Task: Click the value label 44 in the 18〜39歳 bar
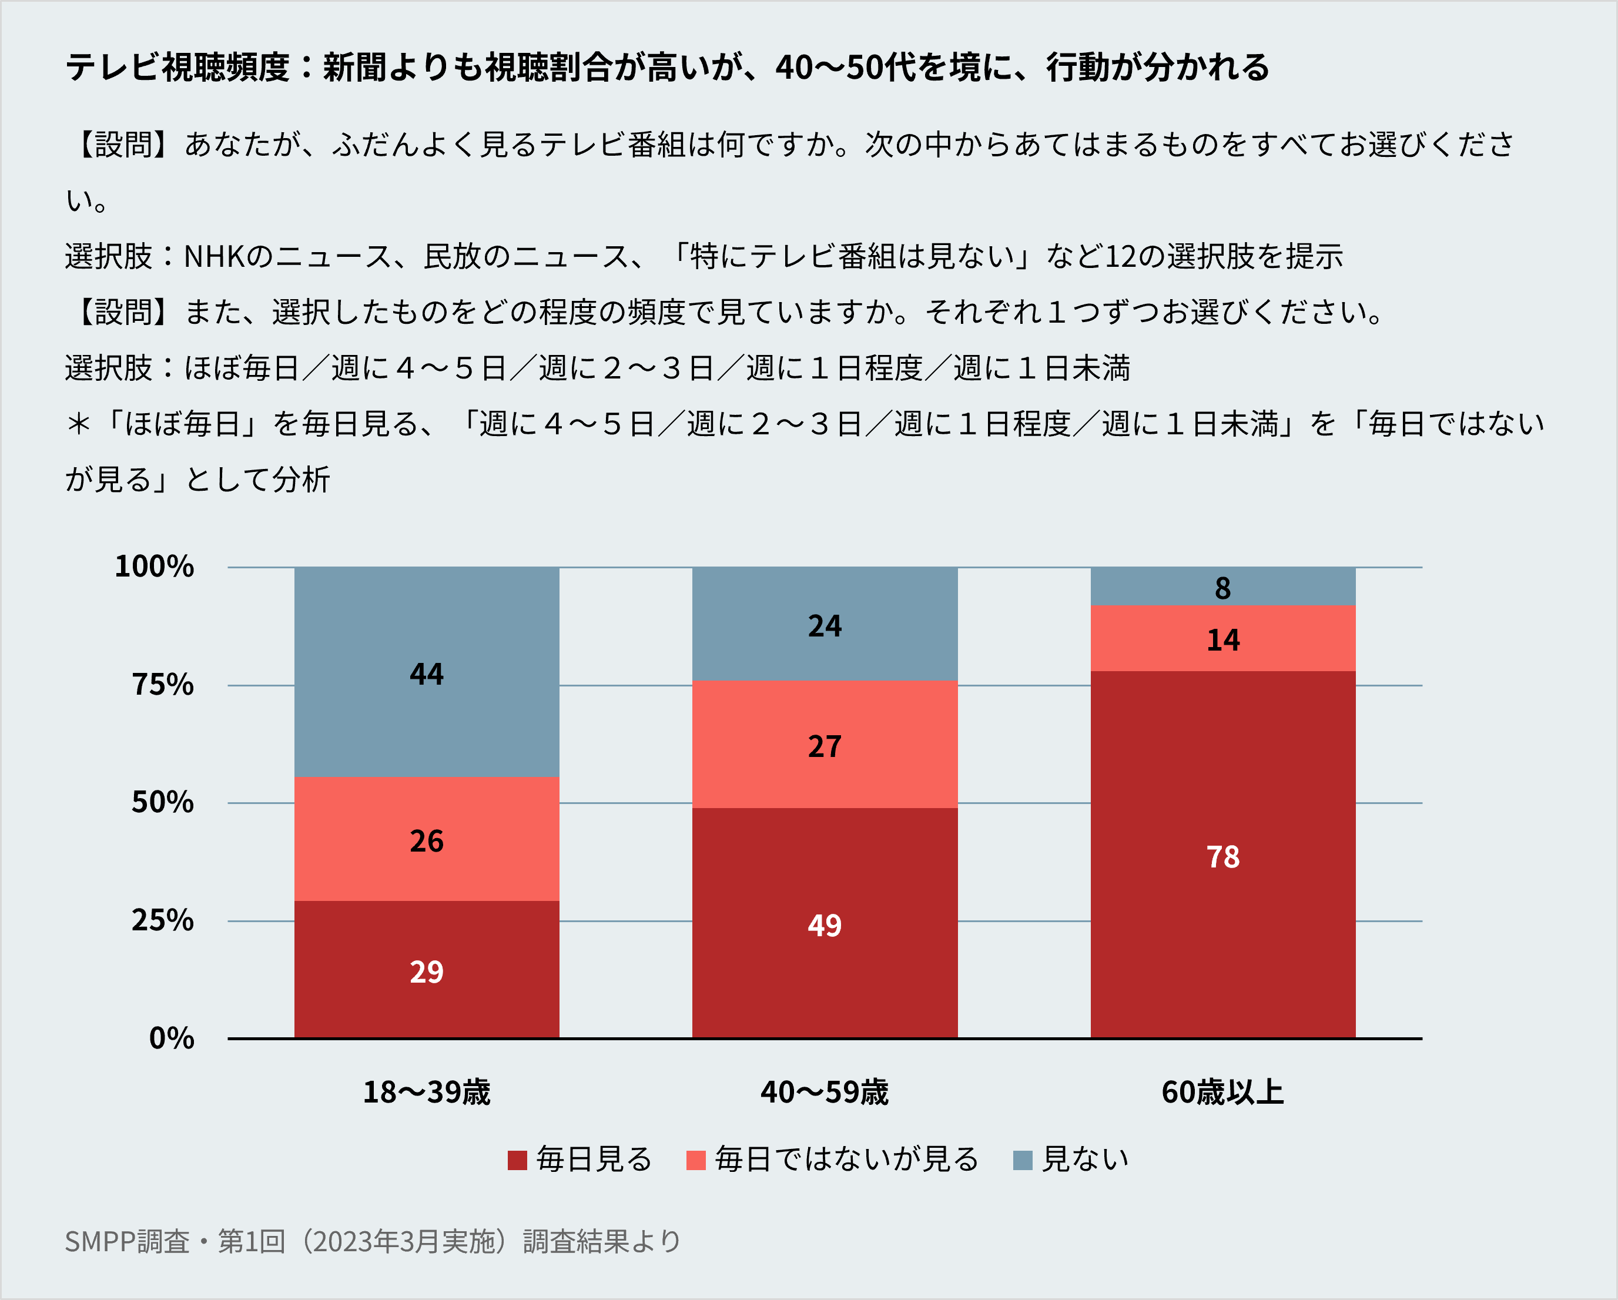(x=426, y=674)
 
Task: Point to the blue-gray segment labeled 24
(x=825, y=625)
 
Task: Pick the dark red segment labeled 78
(x=1222, y=856)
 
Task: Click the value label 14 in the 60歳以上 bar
(x=1222, y=639)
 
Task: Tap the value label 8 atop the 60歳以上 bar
(x=1222, y=588)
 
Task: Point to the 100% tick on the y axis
(x=154, y=566)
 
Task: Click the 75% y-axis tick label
(x=162, y=685)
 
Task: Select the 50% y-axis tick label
(x=162, y=802)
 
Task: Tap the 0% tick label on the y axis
(x=171, y=1038)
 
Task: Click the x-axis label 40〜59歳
(x=824, y=1092)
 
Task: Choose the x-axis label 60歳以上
(x=1222, y=1092)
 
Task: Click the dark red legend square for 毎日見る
(x=517, y=1160)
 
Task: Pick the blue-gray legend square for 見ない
(x=1022, y=1160)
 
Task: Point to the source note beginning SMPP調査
(x=372, y=1241)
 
